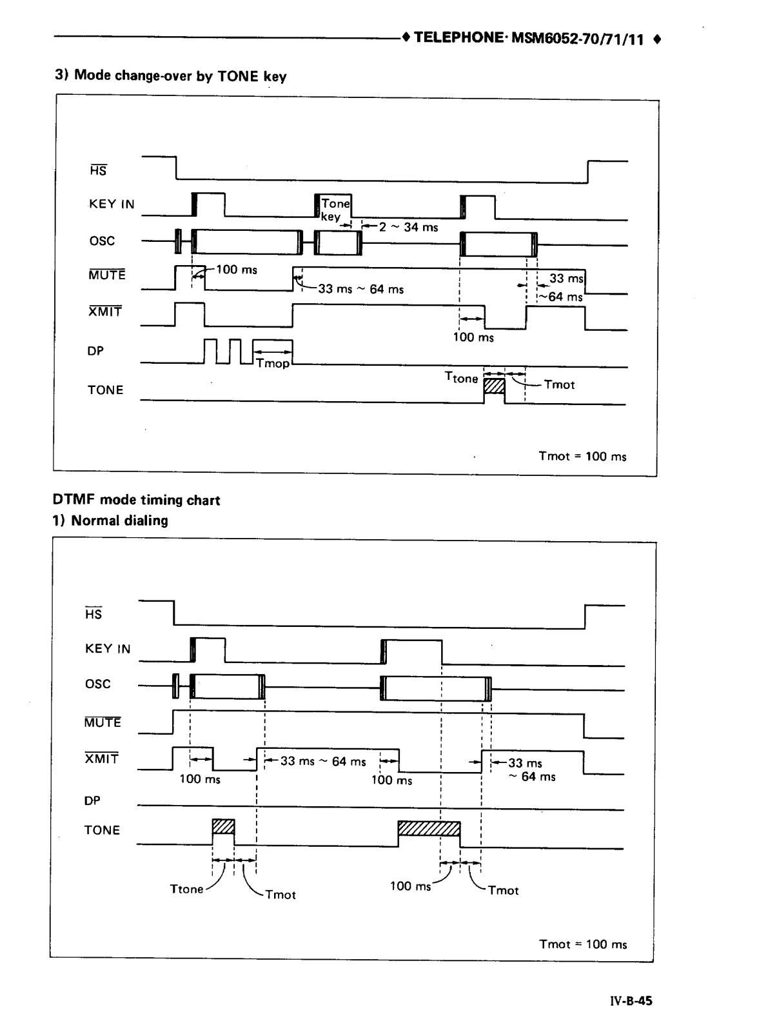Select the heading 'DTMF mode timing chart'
pos(136,500)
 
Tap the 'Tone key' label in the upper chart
pos(334,210)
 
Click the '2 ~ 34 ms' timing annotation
pos(408,227)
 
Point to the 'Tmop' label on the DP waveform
pos(273,363)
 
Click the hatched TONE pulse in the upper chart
pos(494,386)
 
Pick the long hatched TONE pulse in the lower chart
pos(429,828)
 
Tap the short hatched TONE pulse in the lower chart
pos(223,826)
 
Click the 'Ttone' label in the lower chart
pos(186,889)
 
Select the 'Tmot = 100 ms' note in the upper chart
pos(582,456)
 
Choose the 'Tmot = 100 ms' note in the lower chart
pos(582,944)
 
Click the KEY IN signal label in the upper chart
pos(112,204)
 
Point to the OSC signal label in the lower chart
pos(98,684)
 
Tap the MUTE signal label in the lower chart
pos(103,722)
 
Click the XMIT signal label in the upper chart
pos(105,312)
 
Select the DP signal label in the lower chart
pos(92,800)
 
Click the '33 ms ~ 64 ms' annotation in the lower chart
pos(323,761)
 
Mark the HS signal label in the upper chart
pos(98,170)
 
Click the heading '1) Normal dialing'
pos(110,521)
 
